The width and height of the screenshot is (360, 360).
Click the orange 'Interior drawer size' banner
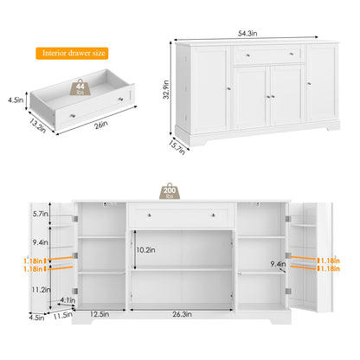point(72,54)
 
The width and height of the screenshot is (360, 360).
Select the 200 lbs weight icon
point(170,191)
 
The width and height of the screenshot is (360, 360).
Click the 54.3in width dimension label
point(247,34)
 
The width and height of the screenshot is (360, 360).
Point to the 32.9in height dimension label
point(166,89)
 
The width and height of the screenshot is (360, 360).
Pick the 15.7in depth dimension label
point(177,147)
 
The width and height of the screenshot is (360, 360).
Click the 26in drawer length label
point(101,125)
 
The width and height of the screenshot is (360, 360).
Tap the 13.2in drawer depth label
point(37,126)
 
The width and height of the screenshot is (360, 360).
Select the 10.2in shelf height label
point(145,250)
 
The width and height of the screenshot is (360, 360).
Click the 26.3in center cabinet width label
point(182,314)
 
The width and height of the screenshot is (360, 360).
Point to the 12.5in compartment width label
point(100,314)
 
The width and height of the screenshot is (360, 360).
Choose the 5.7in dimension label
point(40,214)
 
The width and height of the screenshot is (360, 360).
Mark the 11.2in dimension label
point(42,290)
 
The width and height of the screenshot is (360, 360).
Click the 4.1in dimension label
point(67,300)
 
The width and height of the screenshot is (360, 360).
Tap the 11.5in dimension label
point(63,315)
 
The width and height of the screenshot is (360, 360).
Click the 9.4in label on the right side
point(278,264)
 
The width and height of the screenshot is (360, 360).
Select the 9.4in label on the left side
point(40,242)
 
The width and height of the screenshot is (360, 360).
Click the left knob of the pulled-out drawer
point(73,116)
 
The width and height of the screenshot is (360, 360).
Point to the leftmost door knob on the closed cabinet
point(228,89)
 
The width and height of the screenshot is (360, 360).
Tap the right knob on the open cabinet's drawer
point(213,215)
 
